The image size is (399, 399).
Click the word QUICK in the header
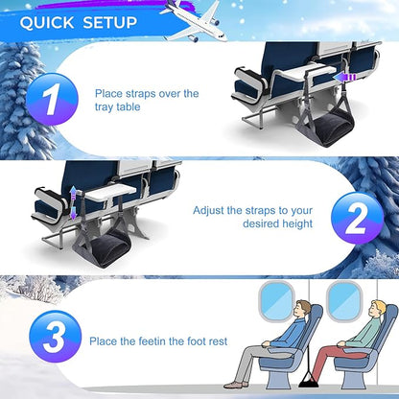coord(45,21)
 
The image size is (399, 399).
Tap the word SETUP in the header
coord(106,21)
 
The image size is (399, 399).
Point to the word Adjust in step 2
coord(211,209)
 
